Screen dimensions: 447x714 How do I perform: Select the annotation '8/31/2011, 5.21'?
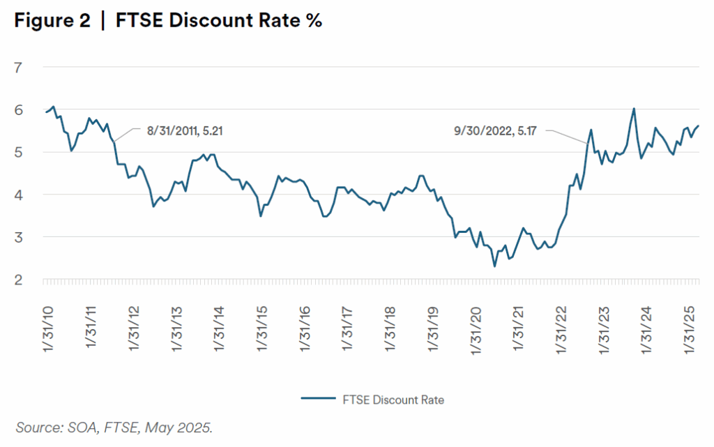(185, 130)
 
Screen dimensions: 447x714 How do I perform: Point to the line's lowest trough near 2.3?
(494, 266)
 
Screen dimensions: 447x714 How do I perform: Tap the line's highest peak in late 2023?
(634, 109)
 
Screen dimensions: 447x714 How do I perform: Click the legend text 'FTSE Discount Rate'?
(393, 400)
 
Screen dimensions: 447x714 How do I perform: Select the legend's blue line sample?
(319, 400)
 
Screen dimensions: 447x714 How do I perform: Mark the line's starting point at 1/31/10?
(46, 112)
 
